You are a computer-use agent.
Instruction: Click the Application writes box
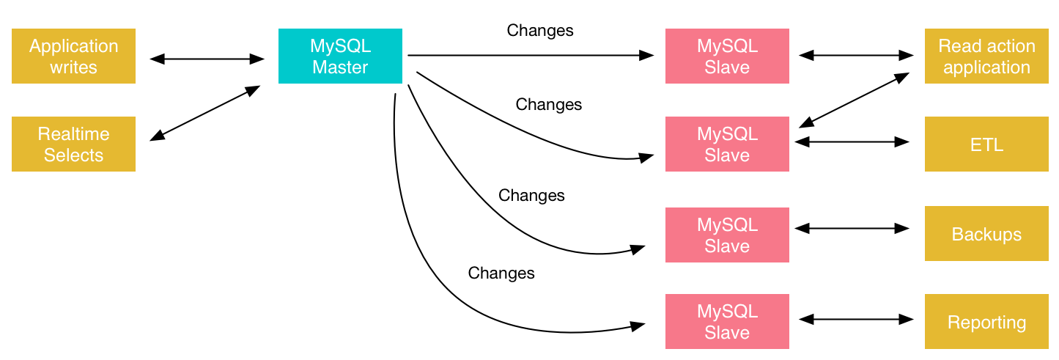[73, 56]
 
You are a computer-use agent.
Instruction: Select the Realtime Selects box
[73, 144]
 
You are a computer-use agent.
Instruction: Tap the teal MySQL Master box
[340, 56]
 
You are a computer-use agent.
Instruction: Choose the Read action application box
[986, 56]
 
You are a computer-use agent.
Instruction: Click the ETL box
[986, 144]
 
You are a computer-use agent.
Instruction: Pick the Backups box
[986, 234]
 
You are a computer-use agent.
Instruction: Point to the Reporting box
[986, 322]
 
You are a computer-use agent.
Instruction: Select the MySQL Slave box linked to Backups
[727, 235]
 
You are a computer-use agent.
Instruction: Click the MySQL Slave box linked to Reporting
[727, 322]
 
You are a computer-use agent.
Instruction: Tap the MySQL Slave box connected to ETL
[727, 144]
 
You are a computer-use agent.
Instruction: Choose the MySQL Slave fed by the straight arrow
[727, 56]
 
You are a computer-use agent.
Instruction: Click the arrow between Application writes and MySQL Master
[207, 59]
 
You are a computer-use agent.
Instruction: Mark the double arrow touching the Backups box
[852, 229]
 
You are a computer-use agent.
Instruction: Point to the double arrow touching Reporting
[856, 319]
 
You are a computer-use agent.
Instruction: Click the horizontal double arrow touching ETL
[852, 142]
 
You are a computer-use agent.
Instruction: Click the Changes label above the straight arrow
[540, 31]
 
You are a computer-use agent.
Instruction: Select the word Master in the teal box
[340, 67]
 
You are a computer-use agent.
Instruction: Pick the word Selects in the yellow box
[73, 155]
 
